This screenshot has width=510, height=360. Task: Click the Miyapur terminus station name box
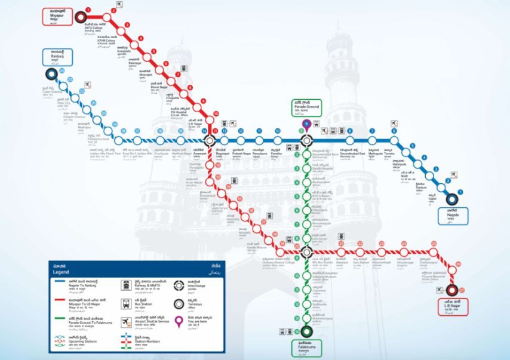pos(57,16)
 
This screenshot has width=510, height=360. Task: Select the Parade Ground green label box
pos(306,107)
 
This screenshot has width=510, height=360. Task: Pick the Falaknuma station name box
pos(306,347)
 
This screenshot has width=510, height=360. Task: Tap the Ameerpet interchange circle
pos(209,141)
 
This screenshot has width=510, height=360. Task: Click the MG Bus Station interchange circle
pos(306,251)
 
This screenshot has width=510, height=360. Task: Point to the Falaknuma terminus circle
pos(306,332)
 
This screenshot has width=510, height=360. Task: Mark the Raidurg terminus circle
pos(50,75)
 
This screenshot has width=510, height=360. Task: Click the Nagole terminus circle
pos(452,201)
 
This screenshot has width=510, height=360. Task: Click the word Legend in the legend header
pos(62,272)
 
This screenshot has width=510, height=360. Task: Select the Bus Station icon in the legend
pos(127,303)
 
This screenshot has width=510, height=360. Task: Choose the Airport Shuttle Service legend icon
pos(127,322)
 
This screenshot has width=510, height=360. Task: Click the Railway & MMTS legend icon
pos(127,285)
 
